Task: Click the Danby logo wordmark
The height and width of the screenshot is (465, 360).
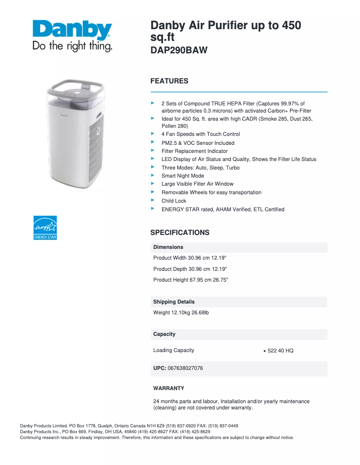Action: tap(72, 30)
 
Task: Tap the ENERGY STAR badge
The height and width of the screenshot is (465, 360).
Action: tap(45, 228)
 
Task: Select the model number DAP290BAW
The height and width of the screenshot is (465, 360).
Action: tap(179, 50)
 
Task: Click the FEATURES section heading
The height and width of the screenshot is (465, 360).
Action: tap(169, 81)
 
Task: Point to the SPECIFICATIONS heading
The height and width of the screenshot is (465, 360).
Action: tap(180, 233)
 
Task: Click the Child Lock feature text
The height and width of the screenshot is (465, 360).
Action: tap(174, 201)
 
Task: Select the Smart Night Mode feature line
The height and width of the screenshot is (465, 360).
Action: tap(183, 176)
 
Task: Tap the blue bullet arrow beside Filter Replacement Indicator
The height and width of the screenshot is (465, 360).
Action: tap(153, 151)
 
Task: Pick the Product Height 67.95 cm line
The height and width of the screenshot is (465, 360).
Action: tap(190, 280)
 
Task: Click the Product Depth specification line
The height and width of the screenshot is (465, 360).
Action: tap(190, 269)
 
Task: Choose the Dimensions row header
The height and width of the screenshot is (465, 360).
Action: tap(168, 247)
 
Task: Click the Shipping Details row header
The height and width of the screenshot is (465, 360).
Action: tap(174, 302)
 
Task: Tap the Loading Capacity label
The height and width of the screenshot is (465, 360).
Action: tap(174, 350)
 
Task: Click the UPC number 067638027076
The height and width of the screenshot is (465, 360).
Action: tap(185, 368)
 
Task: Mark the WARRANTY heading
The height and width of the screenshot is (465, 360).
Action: tap(168, 388)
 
